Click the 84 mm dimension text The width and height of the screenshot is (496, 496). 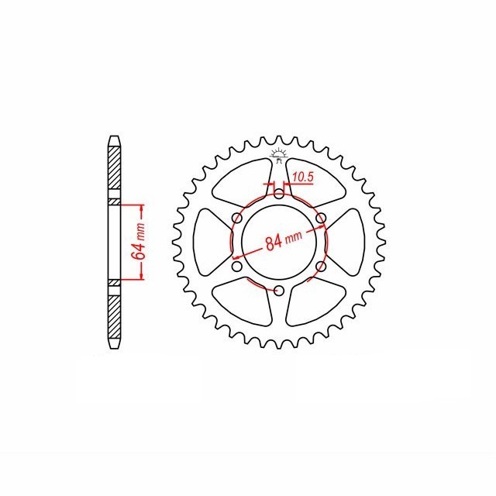click(284, 241)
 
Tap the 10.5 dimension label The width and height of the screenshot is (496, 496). click(303, 177)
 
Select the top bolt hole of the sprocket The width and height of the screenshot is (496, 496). click(279, 194)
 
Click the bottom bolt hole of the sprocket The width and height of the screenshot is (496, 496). click(279, 291)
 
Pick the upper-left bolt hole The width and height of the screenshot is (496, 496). click(237, 218)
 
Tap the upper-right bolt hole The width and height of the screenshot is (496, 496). click(321, 218)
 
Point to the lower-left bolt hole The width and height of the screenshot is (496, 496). click(237, 267)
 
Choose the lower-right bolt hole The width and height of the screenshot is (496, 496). click(321, 267)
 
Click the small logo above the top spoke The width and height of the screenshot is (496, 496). click(279, 156)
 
